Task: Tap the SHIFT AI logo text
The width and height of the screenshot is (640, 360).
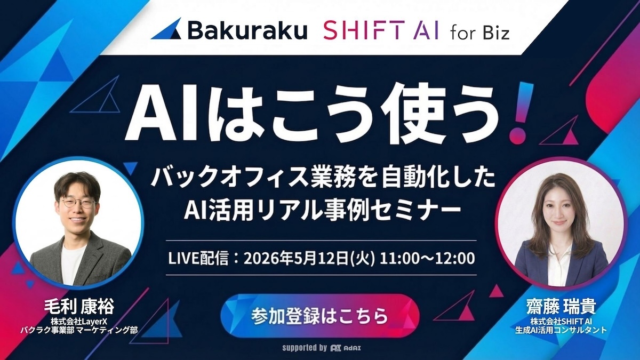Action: coord(381,31)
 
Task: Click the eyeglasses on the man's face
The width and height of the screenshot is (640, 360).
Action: coord(78,203)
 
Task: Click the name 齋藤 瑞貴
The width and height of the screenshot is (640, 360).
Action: coord(559,307)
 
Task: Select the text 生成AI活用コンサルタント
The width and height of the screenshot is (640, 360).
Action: coord(560,330)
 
